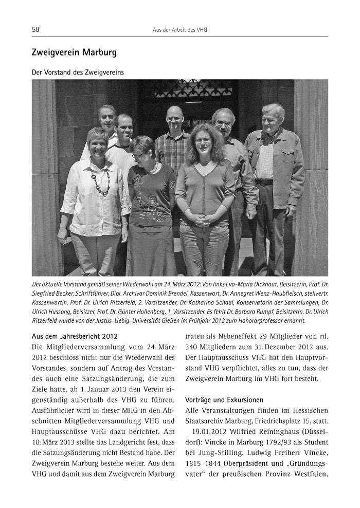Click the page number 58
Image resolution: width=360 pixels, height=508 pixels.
[35, 30]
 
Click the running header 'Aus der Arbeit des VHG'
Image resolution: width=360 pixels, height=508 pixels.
[180, 30]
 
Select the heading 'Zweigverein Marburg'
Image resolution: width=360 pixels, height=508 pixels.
[74, 52]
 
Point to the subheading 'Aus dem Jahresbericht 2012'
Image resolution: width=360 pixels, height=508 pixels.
[75, 336]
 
